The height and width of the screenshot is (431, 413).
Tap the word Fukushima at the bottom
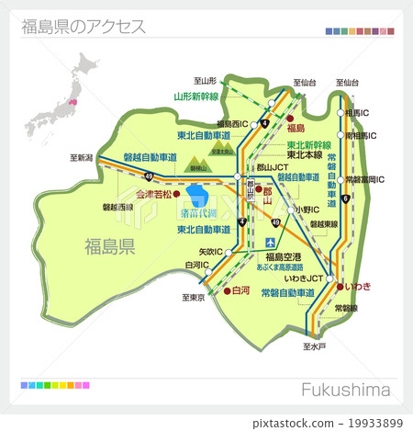click(x=344, y=391)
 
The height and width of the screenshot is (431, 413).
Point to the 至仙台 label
click(x=305, y=83)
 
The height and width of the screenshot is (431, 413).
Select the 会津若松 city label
click(x=154, y=195)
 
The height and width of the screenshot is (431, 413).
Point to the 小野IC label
click(x=307, y=210)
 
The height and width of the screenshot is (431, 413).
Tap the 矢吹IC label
click(x=210, y=250)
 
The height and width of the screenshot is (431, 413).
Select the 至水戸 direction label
click(x=314, y=347)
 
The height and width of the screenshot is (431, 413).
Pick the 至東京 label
click(x=193, y=298)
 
